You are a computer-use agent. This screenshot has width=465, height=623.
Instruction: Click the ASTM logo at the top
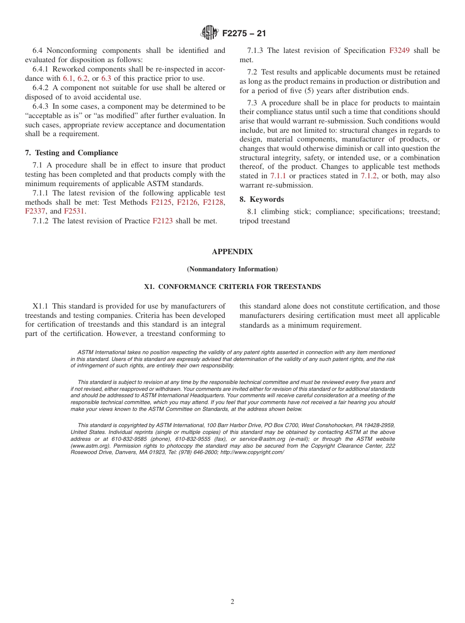209,33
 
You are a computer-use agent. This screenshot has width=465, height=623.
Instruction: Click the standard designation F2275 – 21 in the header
244,34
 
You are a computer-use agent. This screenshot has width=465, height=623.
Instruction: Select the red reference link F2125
162,202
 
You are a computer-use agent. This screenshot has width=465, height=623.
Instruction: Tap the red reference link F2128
213,202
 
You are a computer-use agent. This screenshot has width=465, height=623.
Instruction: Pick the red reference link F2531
74,212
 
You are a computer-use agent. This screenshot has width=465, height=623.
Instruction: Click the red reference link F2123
163,221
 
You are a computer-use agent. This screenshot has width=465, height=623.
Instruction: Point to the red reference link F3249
399,50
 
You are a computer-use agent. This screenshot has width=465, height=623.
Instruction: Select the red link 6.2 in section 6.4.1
83,78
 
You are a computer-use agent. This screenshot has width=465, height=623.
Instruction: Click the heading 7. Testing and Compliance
71,153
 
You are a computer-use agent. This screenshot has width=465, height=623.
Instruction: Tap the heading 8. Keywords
261,199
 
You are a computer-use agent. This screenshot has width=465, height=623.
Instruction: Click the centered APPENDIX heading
232,252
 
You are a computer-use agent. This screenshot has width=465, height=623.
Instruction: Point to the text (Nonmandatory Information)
232,269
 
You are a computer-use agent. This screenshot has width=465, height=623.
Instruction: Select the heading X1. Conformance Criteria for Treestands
232,287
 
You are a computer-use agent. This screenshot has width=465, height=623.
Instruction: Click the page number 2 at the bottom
232,602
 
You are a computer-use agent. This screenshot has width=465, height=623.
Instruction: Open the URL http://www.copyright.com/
252,452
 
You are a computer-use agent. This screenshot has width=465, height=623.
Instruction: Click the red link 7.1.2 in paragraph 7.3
369,176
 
